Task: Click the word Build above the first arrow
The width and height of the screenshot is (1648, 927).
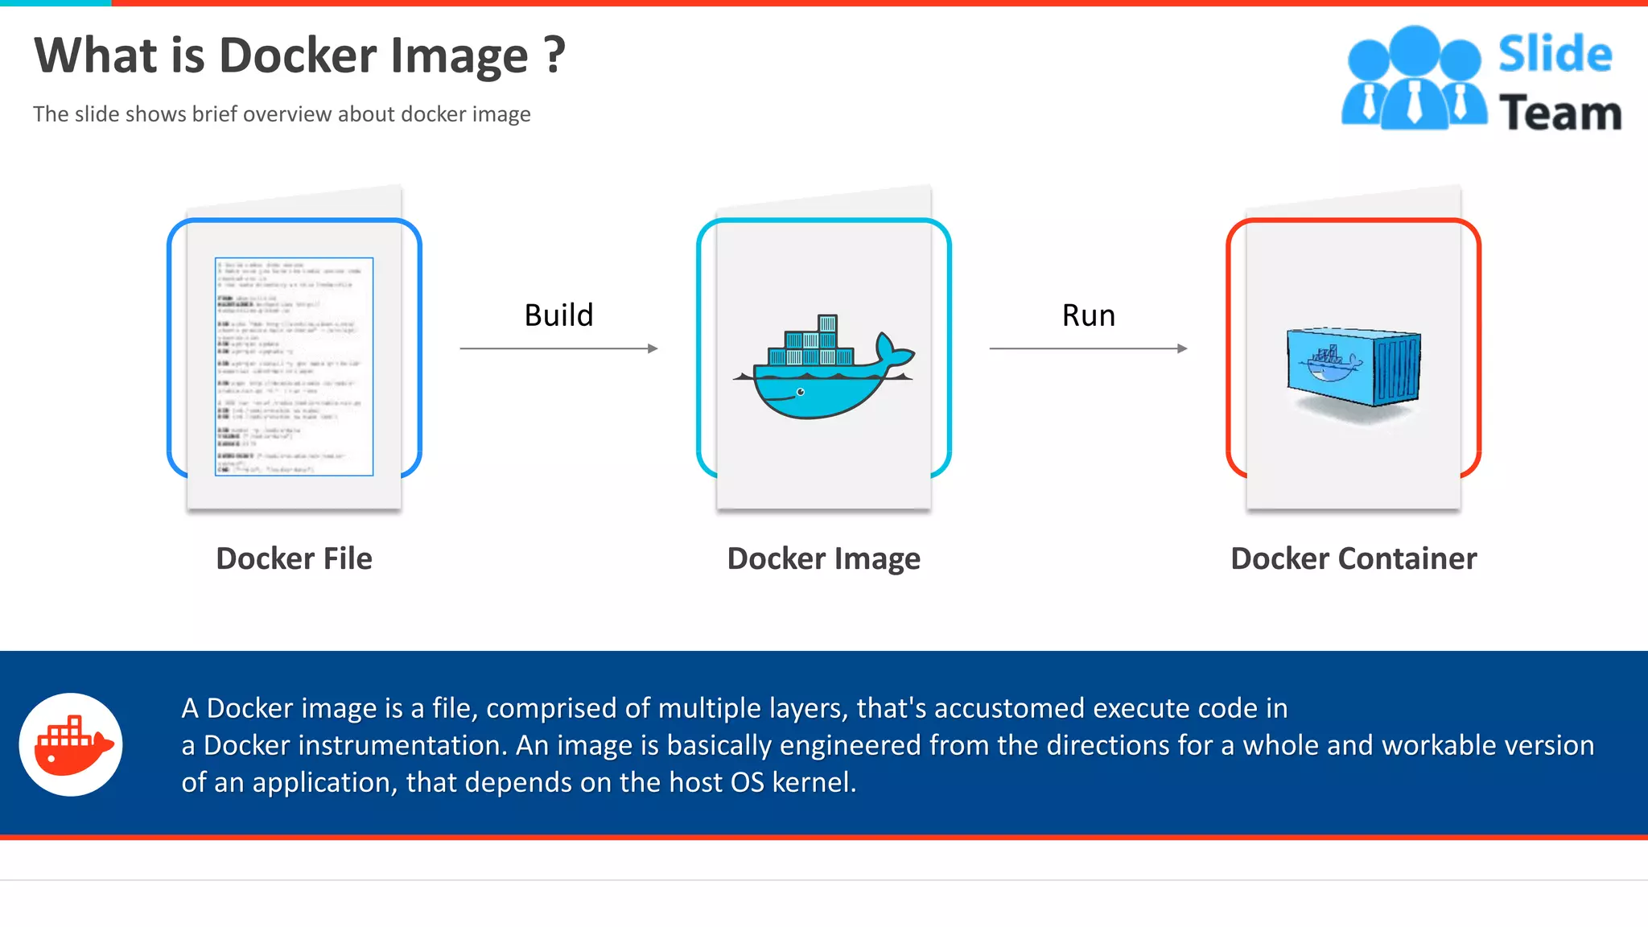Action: [558, 315]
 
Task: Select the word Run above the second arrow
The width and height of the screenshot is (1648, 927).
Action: [1088, 315]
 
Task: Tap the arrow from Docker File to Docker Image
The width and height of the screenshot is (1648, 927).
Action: [558, 348]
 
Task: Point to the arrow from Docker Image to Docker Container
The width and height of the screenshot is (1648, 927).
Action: [1088, 348]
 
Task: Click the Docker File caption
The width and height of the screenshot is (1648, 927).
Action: [294, 558]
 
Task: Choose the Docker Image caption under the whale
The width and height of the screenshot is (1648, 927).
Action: [823, 558]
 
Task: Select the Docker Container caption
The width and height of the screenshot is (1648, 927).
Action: [1353, 558]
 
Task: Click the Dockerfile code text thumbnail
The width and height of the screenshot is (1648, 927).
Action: [294, 366]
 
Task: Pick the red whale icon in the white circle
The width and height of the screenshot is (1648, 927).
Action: [72, 744]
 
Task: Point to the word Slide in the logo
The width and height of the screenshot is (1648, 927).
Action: [1555, 55]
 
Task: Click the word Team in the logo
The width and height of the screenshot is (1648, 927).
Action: [1559, 113]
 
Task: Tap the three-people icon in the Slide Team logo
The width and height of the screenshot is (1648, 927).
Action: [1414, 79]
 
